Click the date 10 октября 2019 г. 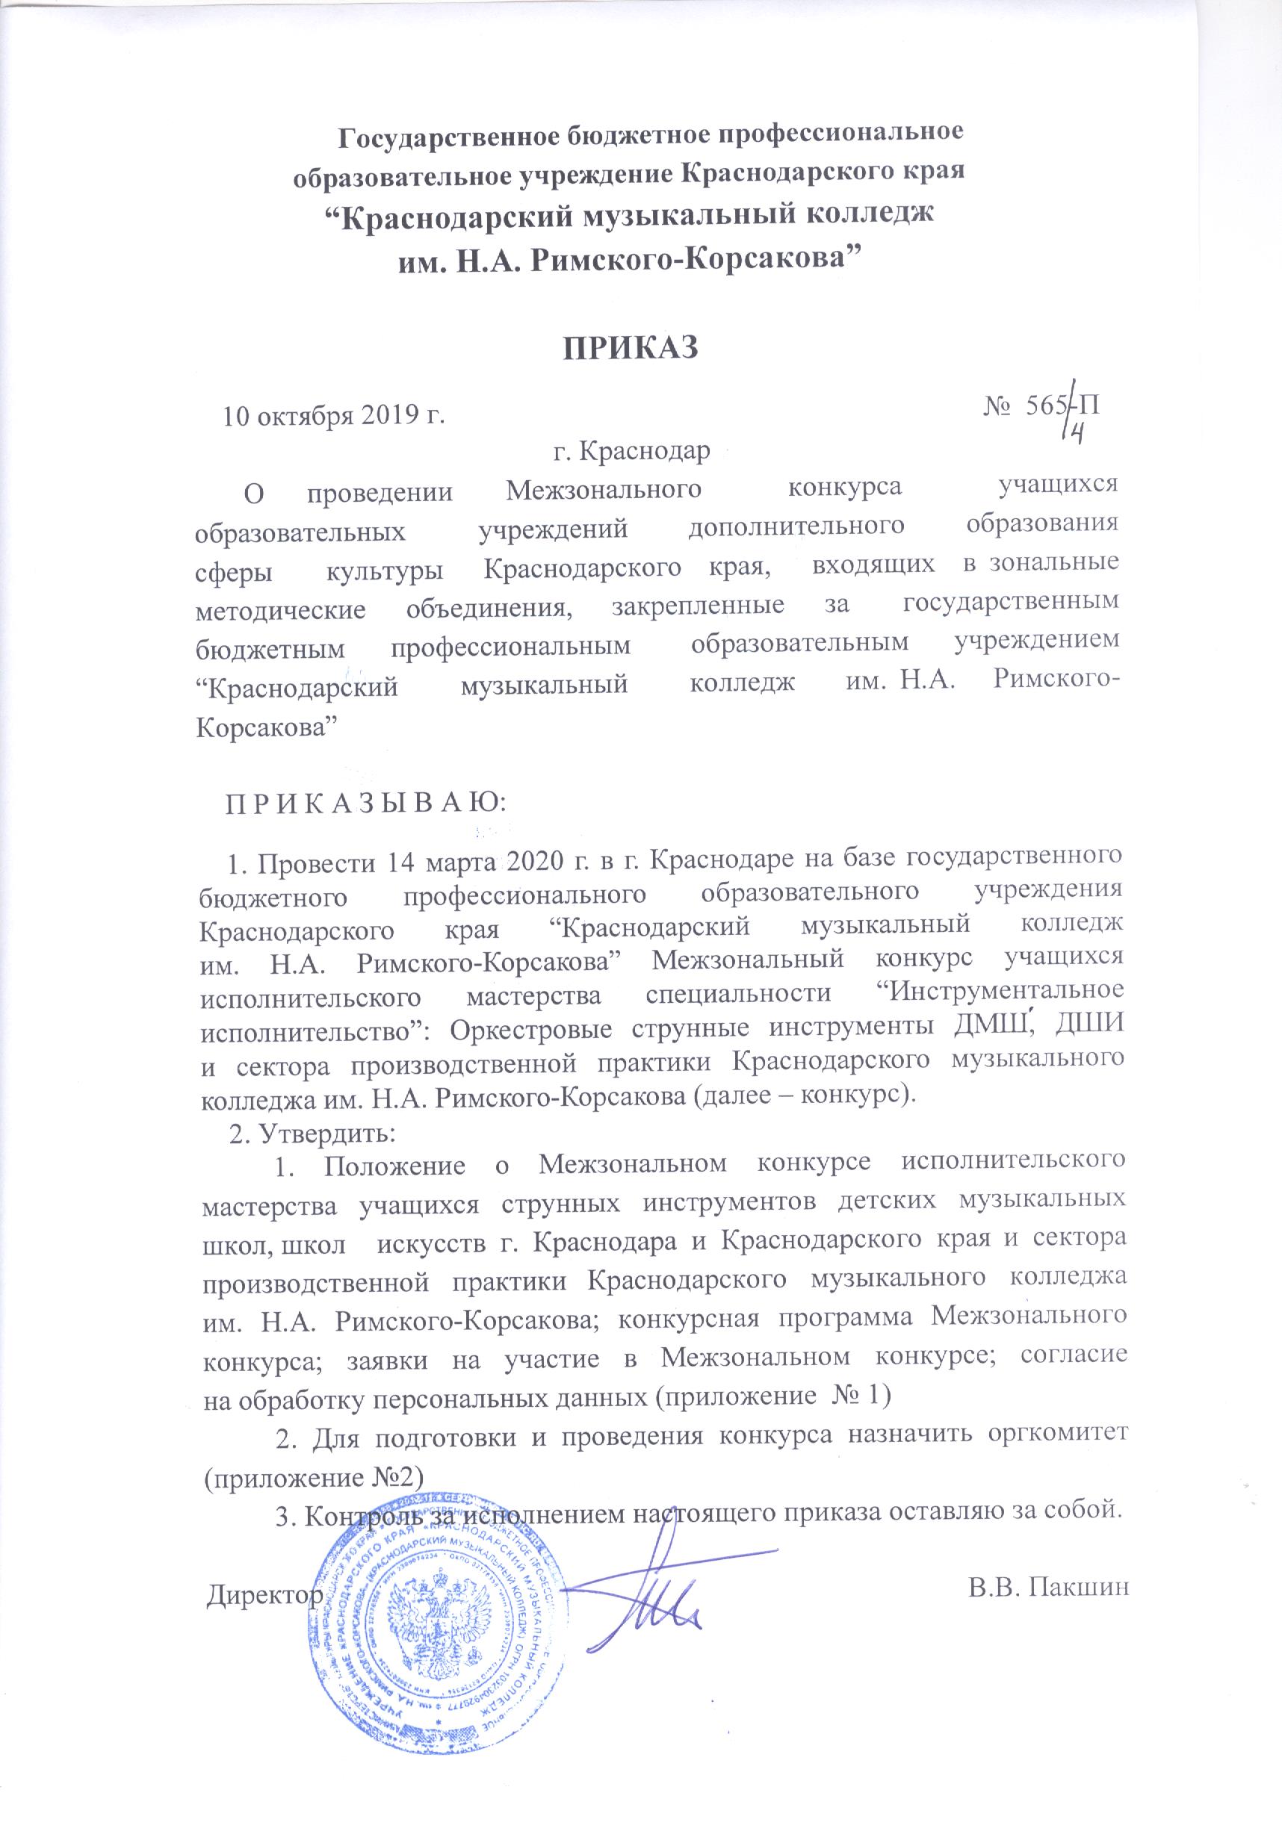pyautogui.click(x=333, y=416)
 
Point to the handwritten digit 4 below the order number pyautogui.click(x=1078, y=434)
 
